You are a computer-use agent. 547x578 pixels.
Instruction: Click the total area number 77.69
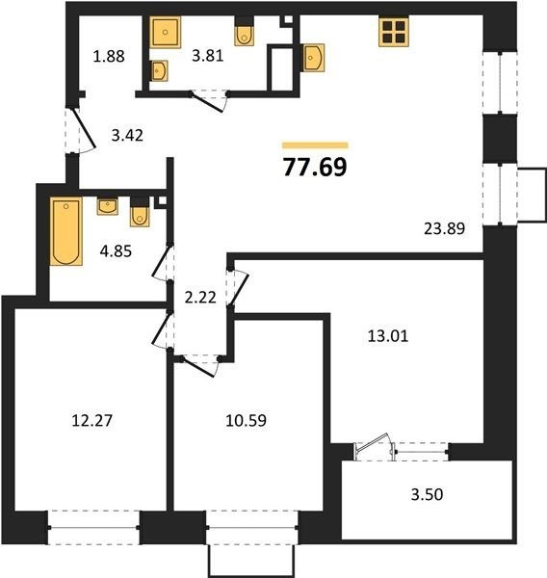click(x=315, y=167)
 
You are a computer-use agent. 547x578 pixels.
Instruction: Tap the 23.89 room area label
click(x=445, y=229)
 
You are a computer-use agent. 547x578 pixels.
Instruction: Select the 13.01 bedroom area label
click(x=388, y=336)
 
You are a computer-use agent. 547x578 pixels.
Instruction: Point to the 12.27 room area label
click(x=91, y=420)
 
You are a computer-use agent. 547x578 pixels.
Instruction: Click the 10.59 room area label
click(x=246, y=420)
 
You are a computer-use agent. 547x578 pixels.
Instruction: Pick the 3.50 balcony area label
click(x=427, y=495)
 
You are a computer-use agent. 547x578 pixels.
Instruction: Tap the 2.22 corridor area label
click(x=200, y=298)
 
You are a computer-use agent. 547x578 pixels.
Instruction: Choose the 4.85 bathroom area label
click(x=116, y=251)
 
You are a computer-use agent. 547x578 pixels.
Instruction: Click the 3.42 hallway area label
click(x=127, y=136)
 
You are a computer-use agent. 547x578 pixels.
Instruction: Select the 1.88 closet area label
click(x=109, y=57)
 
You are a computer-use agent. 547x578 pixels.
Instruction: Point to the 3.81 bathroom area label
click(x=208, y=56)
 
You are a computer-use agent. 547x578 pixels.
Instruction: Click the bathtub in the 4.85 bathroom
click(x=66, y=231)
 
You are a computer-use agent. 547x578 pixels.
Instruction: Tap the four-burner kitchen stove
click(x=394, y=32)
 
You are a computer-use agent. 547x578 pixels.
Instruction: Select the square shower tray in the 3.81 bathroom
click(x=165, y=32)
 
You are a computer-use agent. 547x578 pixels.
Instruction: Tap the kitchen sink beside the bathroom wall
click(x=313, y=58)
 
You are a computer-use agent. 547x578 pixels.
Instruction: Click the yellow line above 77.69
click(x=315, y=145)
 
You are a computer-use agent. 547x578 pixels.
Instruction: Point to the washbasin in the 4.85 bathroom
click(x=108, y=206)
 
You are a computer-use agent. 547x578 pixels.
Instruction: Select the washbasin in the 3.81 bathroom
click(x=159, y=70)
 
